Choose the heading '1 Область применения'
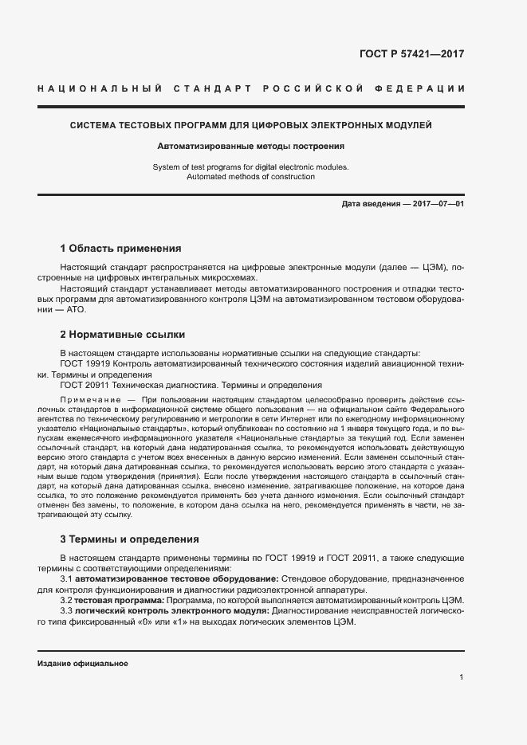[121, 249]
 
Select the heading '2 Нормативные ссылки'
[123, 334]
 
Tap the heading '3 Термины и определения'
[130, 539]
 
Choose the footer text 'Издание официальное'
[83, 664]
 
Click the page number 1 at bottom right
[462, 676]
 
